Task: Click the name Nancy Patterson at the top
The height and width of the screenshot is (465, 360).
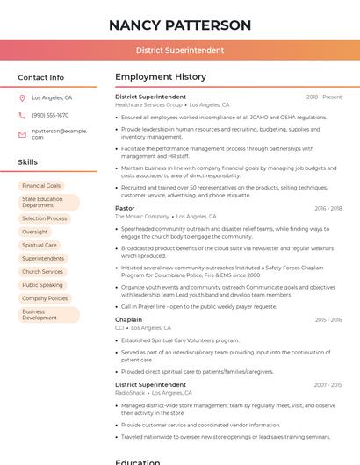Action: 180,25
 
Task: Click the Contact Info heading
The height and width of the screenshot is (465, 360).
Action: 41,77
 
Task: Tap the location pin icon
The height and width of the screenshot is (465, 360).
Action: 23,98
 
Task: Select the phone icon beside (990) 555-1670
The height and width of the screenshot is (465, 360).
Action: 23,116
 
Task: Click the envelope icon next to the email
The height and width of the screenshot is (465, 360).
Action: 23,133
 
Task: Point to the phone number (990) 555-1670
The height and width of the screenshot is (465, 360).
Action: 50,116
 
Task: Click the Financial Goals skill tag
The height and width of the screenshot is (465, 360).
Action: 41,186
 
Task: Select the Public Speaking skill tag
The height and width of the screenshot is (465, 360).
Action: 42,285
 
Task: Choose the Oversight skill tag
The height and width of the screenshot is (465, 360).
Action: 35,232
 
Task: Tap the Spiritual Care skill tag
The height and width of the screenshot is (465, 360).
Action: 40,246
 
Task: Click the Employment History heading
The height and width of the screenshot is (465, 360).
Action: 161,77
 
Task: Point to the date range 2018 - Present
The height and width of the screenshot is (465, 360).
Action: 324,97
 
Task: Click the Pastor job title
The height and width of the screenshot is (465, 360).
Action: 125,208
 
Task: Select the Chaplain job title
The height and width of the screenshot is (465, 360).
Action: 128,320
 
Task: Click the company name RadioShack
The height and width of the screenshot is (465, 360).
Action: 131,394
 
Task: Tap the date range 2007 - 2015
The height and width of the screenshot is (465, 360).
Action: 328,385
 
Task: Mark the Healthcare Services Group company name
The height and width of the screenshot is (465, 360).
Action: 148,104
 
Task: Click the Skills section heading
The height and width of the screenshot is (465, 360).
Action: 28,162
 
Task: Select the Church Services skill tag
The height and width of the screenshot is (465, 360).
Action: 42,272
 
